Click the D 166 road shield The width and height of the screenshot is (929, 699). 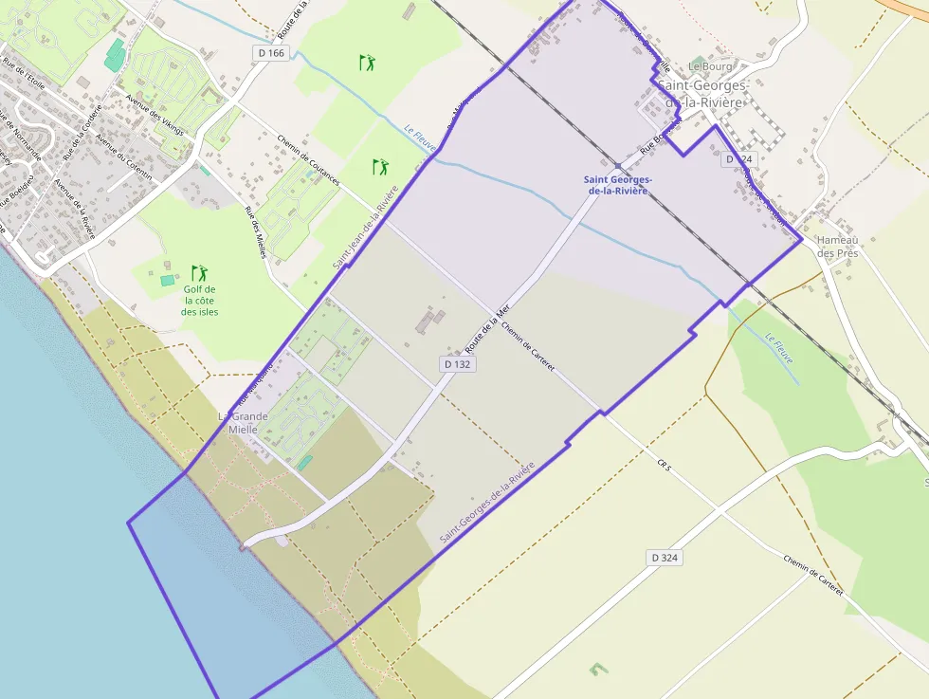(x=270, y=53)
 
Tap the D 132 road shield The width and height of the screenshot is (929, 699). (x=457, y=364)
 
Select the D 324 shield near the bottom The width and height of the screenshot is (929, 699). (x=665, y=558)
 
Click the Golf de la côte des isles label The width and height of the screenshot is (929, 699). (x=200, y=301)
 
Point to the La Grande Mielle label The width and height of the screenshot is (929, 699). (x=243, y=423)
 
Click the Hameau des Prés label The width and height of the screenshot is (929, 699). (x=837, y=247)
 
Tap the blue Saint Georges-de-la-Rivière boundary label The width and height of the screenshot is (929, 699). (x=617, y=185)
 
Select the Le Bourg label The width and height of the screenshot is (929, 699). (x=706, y=66)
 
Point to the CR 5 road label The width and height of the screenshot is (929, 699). (x=664, y=464)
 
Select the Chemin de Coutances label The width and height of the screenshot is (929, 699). (x=309, y=156)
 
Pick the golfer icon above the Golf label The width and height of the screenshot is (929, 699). (x=199, y=273)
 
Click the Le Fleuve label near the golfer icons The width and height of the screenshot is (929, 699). (x=420, y=138)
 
